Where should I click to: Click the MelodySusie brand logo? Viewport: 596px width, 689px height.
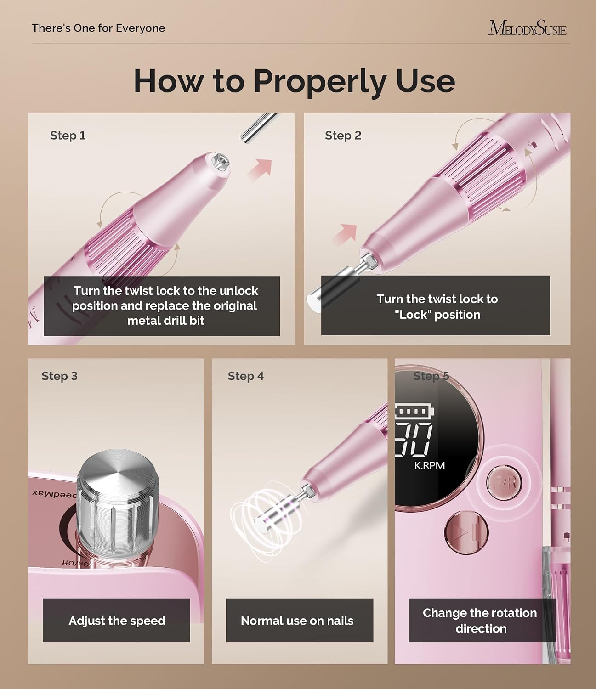click(x=527, y=28)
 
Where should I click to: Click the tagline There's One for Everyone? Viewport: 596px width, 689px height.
click(x=98, y=28)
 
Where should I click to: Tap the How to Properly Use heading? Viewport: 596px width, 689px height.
click(x=294, y=81)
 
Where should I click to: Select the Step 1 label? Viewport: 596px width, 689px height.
click(x=68, y=136)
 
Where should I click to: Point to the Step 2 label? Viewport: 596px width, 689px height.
click(x=343, y=136)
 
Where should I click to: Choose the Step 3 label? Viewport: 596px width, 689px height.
click(x=60, y=376)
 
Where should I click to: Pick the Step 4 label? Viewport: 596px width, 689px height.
click(x=246, y=376)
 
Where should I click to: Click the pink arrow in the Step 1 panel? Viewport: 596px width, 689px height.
click(x=260, y=169)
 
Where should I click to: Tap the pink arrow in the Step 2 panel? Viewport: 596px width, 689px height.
click(x=345, y=235)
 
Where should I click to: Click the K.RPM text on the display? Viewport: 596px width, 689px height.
click(x=430, y=465)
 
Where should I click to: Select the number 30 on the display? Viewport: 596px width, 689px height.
click(x=414, y=439)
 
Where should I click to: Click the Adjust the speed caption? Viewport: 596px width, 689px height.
click(x=117, y=621)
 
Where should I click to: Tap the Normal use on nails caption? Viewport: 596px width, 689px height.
click(x=297, y=621)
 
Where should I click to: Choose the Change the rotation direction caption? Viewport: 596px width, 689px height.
click(x=480, y=621)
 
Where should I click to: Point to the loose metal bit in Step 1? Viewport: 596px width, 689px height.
click(x=258, y=128)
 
